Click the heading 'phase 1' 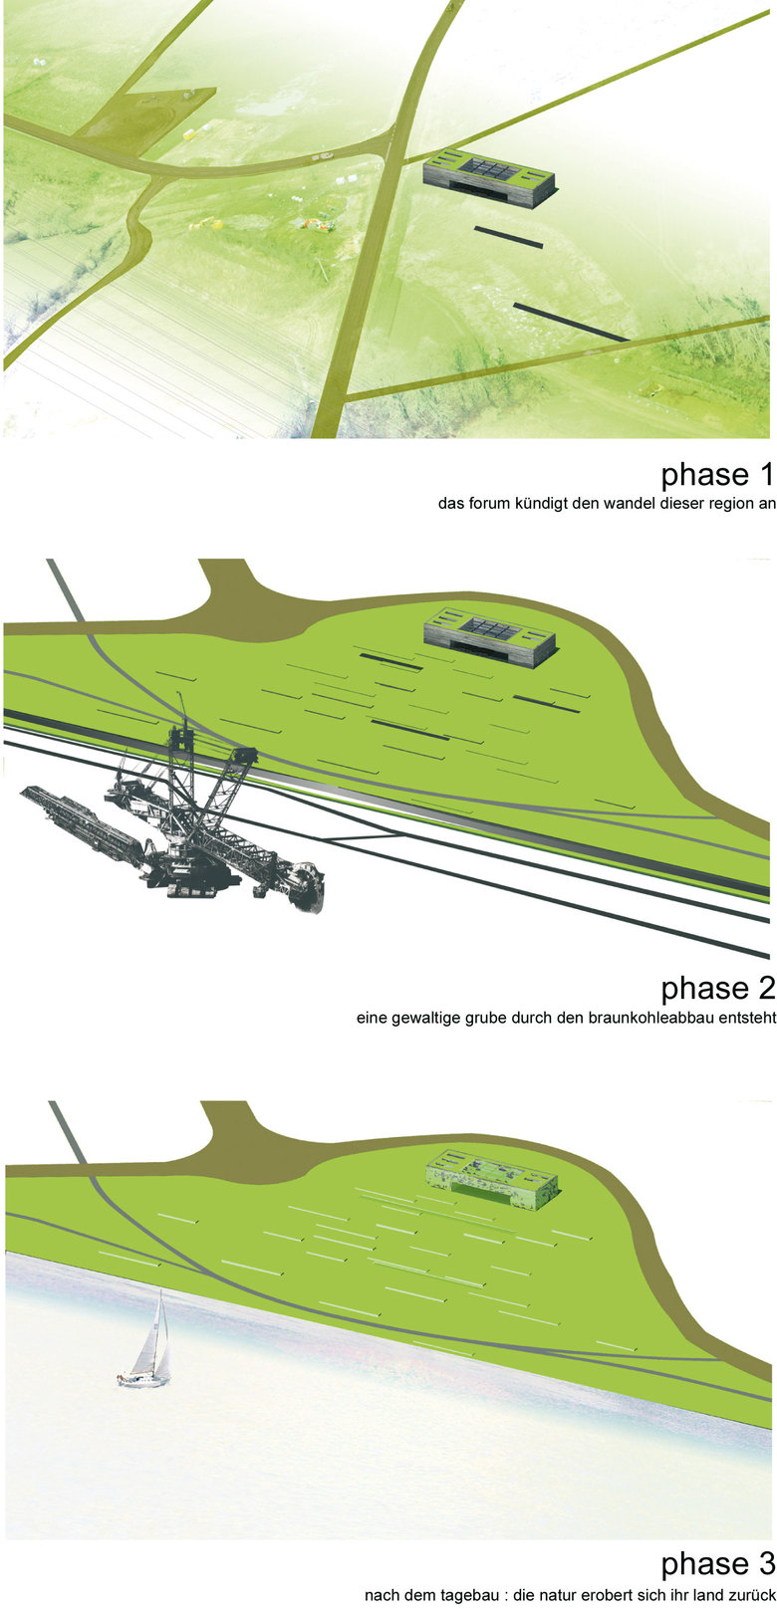[x=717, y=475]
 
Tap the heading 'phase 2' [x=717, y=989]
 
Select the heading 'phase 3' [x=717, y=1564]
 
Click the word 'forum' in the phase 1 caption [x=490, y=504]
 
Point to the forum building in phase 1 [x=489, y=178]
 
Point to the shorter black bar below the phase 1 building [x=509, y=237]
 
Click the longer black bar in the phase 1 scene [x=572, y=322]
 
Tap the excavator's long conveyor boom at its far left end [x=26, y=792]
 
